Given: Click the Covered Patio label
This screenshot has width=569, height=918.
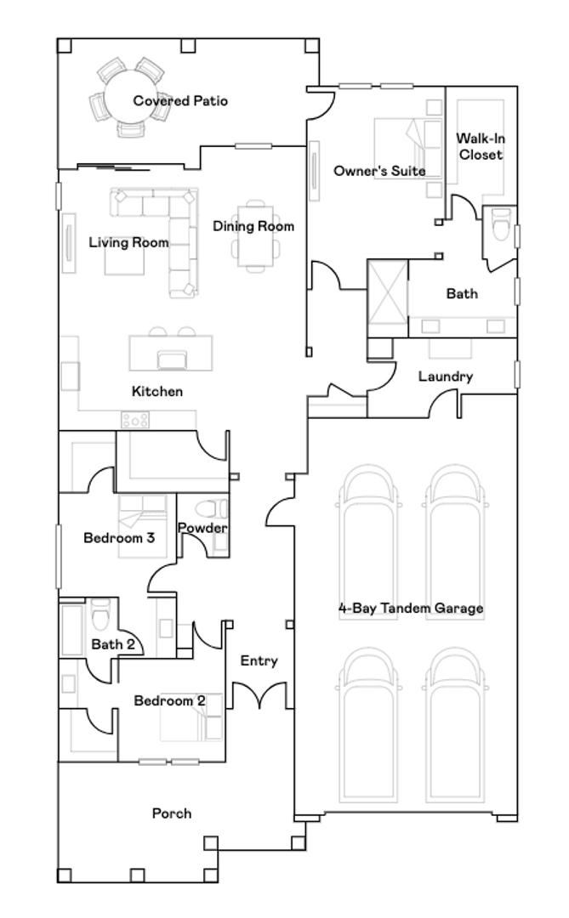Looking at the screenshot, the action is point(180,100).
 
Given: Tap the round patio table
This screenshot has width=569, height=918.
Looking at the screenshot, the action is point(129,98).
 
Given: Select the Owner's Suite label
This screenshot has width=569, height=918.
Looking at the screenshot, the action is point(379,171).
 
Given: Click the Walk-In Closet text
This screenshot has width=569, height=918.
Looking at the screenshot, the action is point(481,146).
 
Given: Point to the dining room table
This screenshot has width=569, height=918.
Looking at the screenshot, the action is point(255,236).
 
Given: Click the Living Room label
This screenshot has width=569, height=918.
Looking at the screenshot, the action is point(128,242).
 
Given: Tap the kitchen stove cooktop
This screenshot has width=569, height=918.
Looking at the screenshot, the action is point(134,420).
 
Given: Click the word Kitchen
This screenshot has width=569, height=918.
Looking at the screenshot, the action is point(157,391).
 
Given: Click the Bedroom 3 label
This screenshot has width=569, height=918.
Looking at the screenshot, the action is point(119,537).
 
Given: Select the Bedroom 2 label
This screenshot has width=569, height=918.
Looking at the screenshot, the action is point(169,700).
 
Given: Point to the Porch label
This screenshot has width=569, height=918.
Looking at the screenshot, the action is point(172,813).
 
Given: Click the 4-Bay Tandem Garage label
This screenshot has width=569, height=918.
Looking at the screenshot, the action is point(411,609).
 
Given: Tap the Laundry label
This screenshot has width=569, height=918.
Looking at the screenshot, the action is point(446,377).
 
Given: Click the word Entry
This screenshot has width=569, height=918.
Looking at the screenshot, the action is point(259,661).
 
